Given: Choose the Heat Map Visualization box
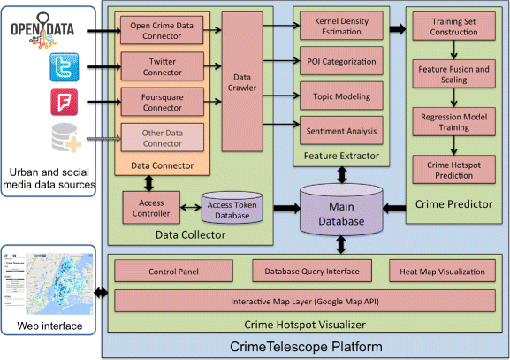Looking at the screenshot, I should tap(443, 270).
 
